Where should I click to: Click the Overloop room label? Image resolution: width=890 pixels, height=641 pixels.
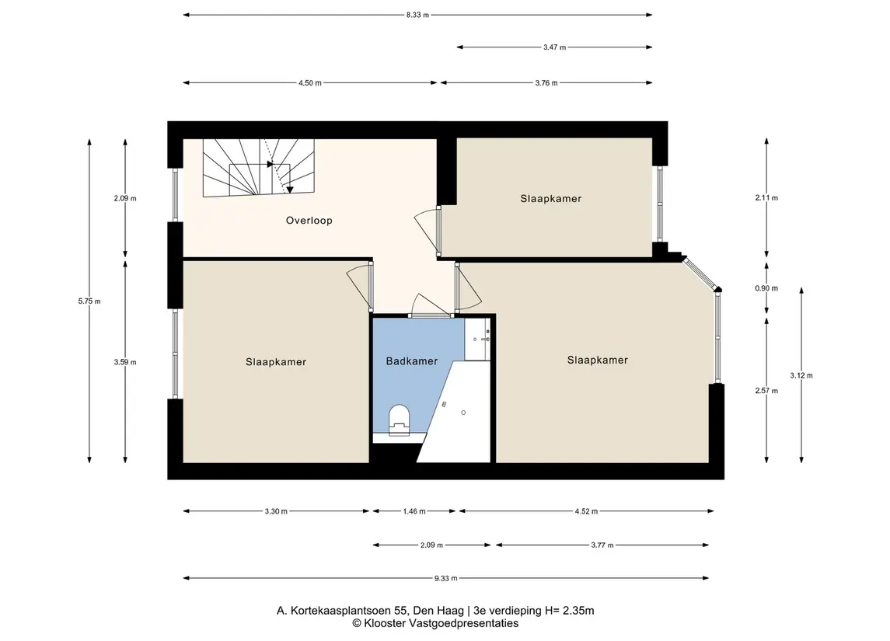tap(309, 220)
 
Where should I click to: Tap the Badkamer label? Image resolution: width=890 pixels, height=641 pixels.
tap(411, 361)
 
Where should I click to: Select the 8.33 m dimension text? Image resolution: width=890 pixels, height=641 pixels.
tap(417, 15)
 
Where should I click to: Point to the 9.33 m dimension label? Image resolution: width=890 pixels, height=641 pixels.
tap(445, 578)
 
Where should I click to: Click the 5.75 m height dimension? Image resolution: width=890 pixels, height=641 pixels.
tap(89, 301)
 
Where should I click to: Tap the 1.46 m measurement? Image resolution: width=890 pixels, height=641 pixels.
tap(414, 511)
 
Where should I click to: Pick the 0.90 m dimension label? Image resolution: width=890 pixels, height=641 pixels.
tap(766, 288)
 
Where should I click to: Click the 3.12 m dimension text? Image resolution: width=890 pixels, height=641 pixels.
tap(801, 375)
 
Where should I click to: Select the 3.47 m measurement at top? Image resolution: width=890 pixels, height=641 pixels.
tap(554, 47)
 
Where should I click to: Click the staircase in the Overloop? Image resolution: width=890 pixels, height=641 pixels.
tap(259, 167)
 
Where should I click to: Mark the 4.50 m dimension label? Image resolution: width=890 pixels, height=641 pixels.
tap(310, 83)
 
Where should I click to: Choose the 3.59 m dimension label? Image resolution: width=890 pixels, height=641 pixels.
tap(125, 362)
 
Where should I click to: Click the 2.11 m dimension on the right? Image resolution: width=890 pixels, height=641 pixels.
tap(766, 198)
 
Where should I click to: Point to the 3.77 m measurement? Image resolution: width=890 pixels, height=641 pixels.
tap(602, 545)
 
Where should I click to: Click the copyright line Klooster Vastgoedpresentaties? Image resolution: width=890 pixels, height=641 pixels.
tap(435, 623)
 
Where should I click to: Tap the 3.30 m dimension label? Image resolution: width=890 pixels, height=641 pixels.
tap(276, 511)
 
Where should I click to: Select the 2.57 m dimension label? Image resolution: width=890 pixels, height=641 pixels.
tap(766, 390)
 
